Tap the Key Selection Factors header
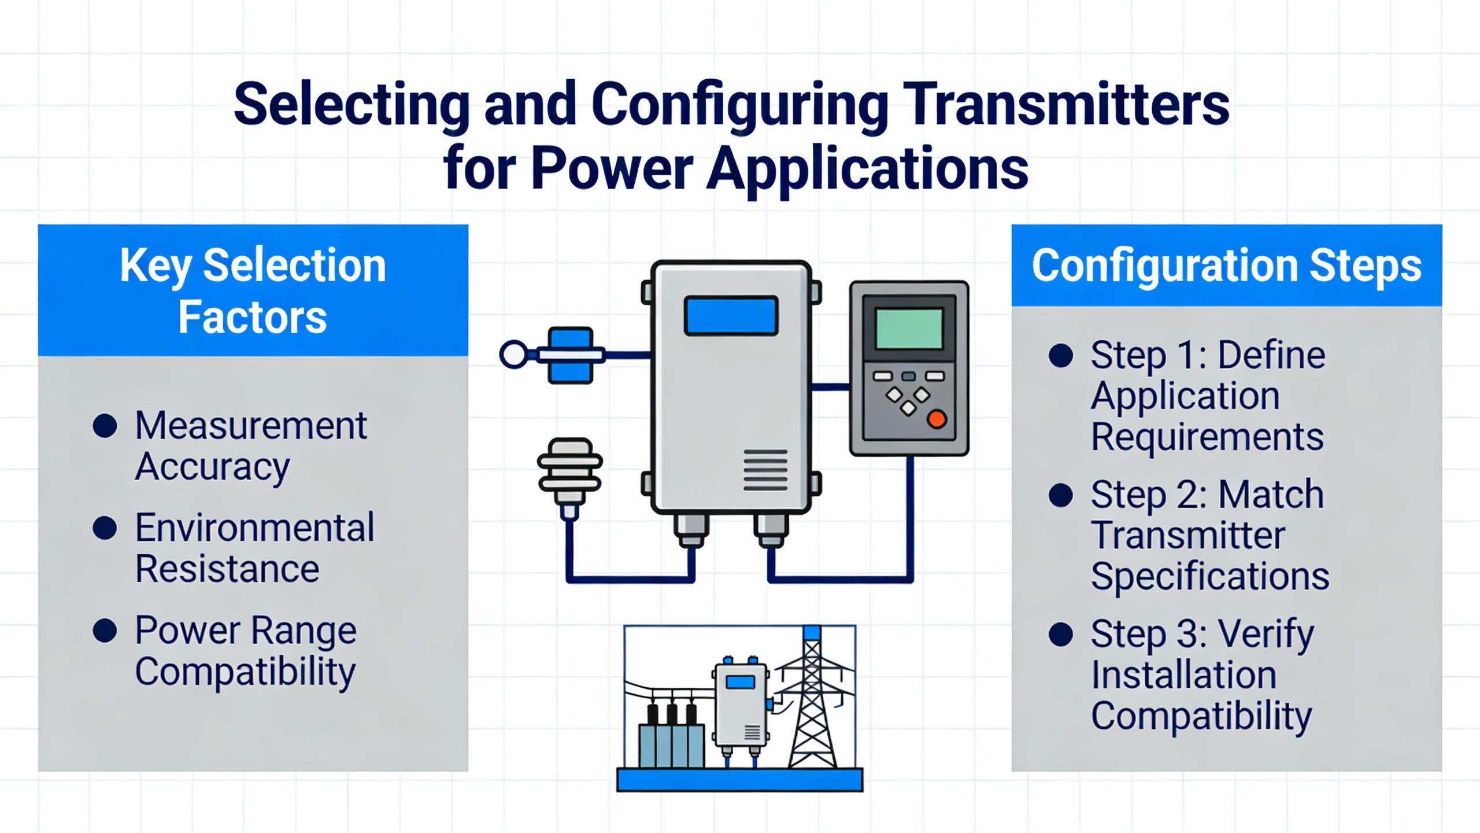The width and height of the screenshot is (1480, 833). tap(253, 290)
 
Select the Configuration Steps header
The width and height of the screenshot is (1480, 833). tap(1226, 266)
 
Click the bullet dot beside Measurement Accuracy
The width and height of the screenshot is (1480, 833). tap(105, 426)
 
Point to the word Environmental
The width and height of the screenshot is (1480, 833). tap(254, 528)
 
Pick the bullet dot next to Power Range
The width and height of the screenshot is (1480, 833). tap(105, 630)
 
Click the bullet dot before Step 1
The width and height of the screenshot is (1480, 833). tap(1060, 355)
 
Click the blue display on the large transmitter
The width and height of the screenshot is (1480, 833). tap(731, 316)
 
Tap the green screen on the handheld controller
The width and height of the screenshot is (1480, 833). tap(909, 329)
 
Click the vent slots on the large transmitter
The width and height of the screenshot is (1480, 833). tap(765, 469)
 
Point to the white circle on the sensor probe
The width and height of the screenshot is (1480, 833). tap(513, 355)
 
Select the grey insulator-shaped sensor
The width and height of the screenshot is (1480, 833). tap(570, 471)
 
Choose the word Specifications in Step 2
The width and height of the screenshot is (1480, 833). tap(1210, 576)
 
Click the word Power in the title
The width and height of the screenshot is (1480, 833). tap(612, 169)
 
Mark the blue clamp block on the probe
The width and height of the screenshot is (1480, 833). tap(571, 355)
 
